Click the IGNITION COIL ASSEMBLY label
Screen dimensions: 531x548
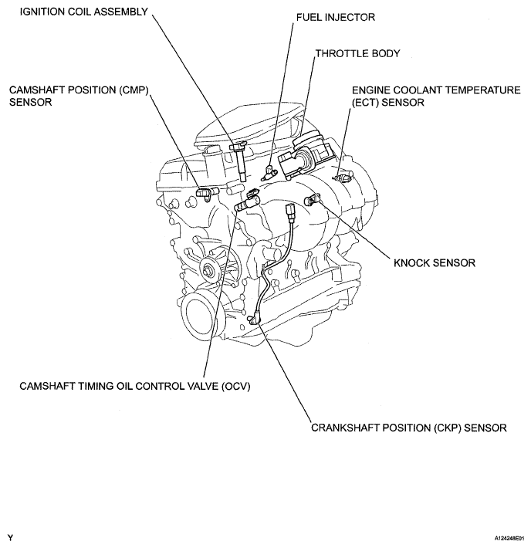point(84,12)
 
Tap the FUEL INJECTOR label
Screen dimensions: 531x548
point(335,17)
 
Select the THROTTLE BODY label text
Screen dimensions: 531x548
point(357,53)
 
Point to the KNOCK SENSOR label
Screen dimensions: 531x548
point(435,263)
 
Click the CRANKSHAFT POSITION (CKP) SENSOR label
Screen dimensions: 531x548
point(408,428)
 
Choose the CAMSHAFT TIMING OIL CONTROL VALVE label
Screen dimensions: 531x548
point(135,386)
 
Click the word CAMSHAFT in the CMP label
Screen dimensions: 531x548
point(37,90)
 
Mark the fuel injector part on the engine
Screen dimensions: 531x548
point(268,172)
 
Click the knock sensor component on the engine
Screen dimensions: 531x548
point(312,200)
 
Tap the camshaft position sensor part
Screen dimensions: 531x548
point(207,193)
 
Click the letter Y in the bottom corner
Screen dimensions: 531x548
point(11,537)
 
